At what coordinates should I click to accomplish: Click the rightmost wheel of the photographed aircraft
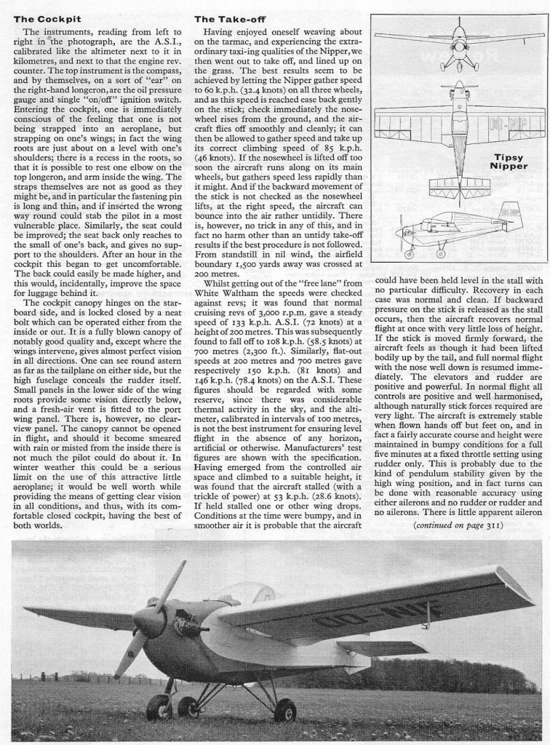tap(285, 709)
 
